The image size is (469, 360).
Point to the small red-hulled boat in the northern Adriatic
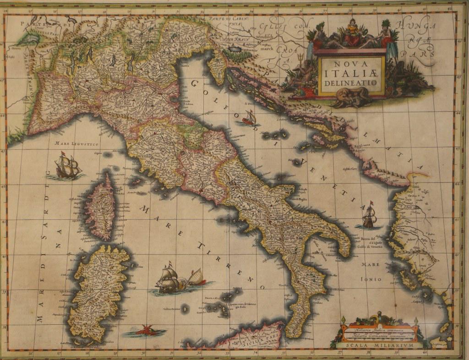[249, 119]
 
